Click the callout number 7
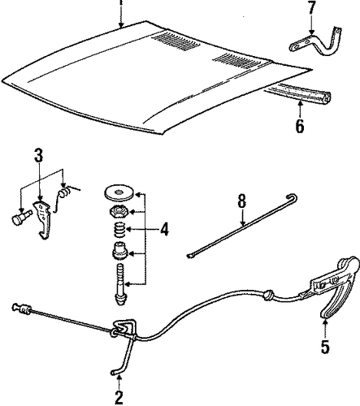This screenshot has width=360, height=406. (311, 8)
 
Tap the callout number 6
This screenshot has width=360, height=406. (300, 126)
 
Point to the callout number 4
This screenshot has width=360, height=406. (164, 230)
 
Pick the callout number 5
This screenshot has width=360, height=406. (325, 347)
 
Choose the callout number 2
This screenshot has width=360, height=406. (119, 397)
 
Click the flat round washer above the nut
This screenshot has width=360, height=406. (119, 192)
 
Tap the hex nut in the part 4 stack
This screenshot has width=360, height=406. (119, 211)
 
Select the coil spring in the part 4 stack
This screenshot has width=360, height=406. (119, 230)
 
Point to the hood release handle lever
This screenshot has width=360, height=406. (335, 287)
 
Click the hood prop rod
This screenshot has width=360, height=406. (242, 226)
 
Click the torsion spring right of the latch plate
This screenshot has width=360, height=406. (64, 195)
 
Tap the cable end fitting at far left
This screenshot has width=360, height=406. (22, 309)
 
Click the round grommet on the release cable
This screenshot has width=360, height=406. (268, 295)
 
